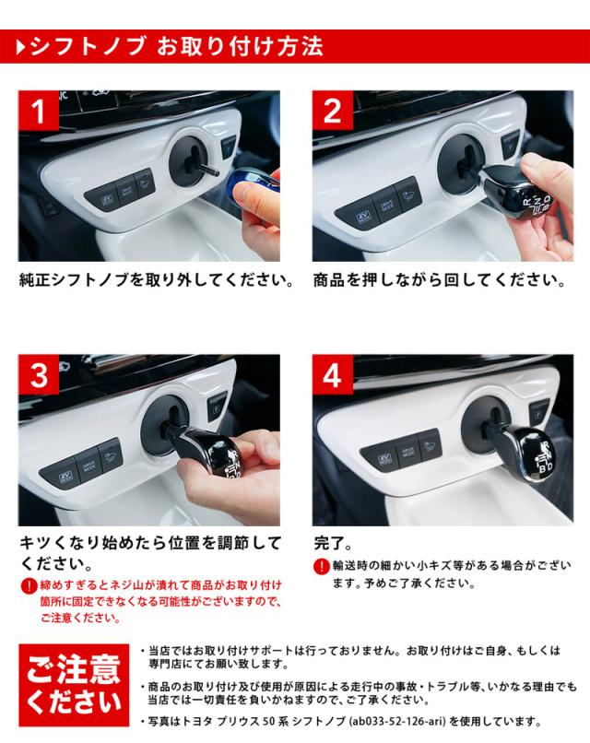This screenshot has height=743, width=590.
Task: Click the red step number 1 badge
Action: click(x=39, y=111)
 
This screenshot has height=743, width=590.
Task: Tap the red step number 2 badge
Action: click(x=332, y=111)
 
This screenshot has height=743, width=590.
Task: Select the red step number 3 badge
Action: click(x=39, y=374)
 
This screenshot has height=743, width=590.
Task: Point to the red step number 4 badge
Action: click(x=332, y=374)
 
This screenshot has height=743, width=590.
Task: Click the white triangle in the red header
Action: click(x=20, y=47)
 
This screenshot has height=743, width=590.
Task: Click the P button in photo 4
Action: click(x=538, y=413)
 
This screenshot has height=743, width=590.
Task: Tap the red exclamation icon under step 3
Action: click(x=29, y=585)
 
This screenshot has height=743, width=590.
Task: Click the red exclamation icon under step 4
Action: click(x=322, y=566)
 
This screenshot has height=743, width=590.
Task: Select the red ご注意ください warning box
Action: click(x=74, y=685)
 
